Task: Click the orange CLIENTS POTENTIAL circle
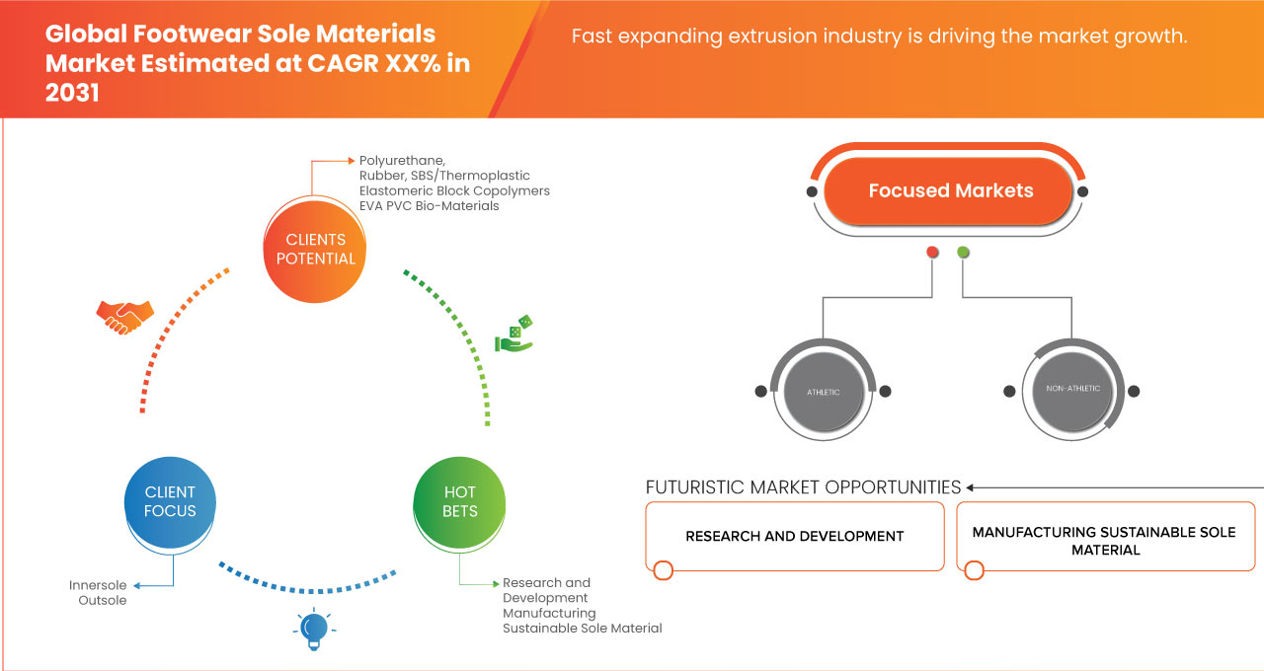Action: pyautogui.click(x=315, y=250)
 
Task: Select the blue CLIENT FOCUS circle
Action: pyautogui.click(x=170, y=501)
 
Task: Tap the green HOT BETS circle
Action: pyautogui.click(x=459, y=501)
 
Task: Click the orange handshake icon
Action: pyautogui.click(x=124, y=316)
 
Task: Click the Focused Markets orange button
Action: pyautogui.click(x=950, y=190)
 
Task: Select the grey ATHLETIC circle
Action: pyautogui.click(x=823, y=392)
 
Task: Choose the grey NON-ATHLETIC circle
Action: pyautogui.click(x=1072, y=389)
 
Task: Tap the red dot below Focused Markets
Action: pyautogui.click(x=932, y=253)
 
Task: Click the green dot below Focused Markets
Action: pyautogui.click(x=963, y=253)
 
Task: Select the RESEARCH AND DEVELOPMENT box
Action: pyautogui.click(x=795, y=536)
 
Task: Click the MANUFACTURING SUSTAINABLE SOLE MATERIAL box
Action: pyautogui.click(x=1104, y=540)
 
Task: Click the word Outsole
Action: pyautogui.click(x=103, y=600)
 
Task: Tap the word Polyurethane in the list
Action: pyautogui.click(x=402, y=160)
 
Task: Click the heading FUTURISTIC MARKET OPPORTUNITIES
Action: pyautogui.click(x=803, y=487)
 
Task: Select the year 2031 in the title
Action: pyautogui.click(x=72, y=94)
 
